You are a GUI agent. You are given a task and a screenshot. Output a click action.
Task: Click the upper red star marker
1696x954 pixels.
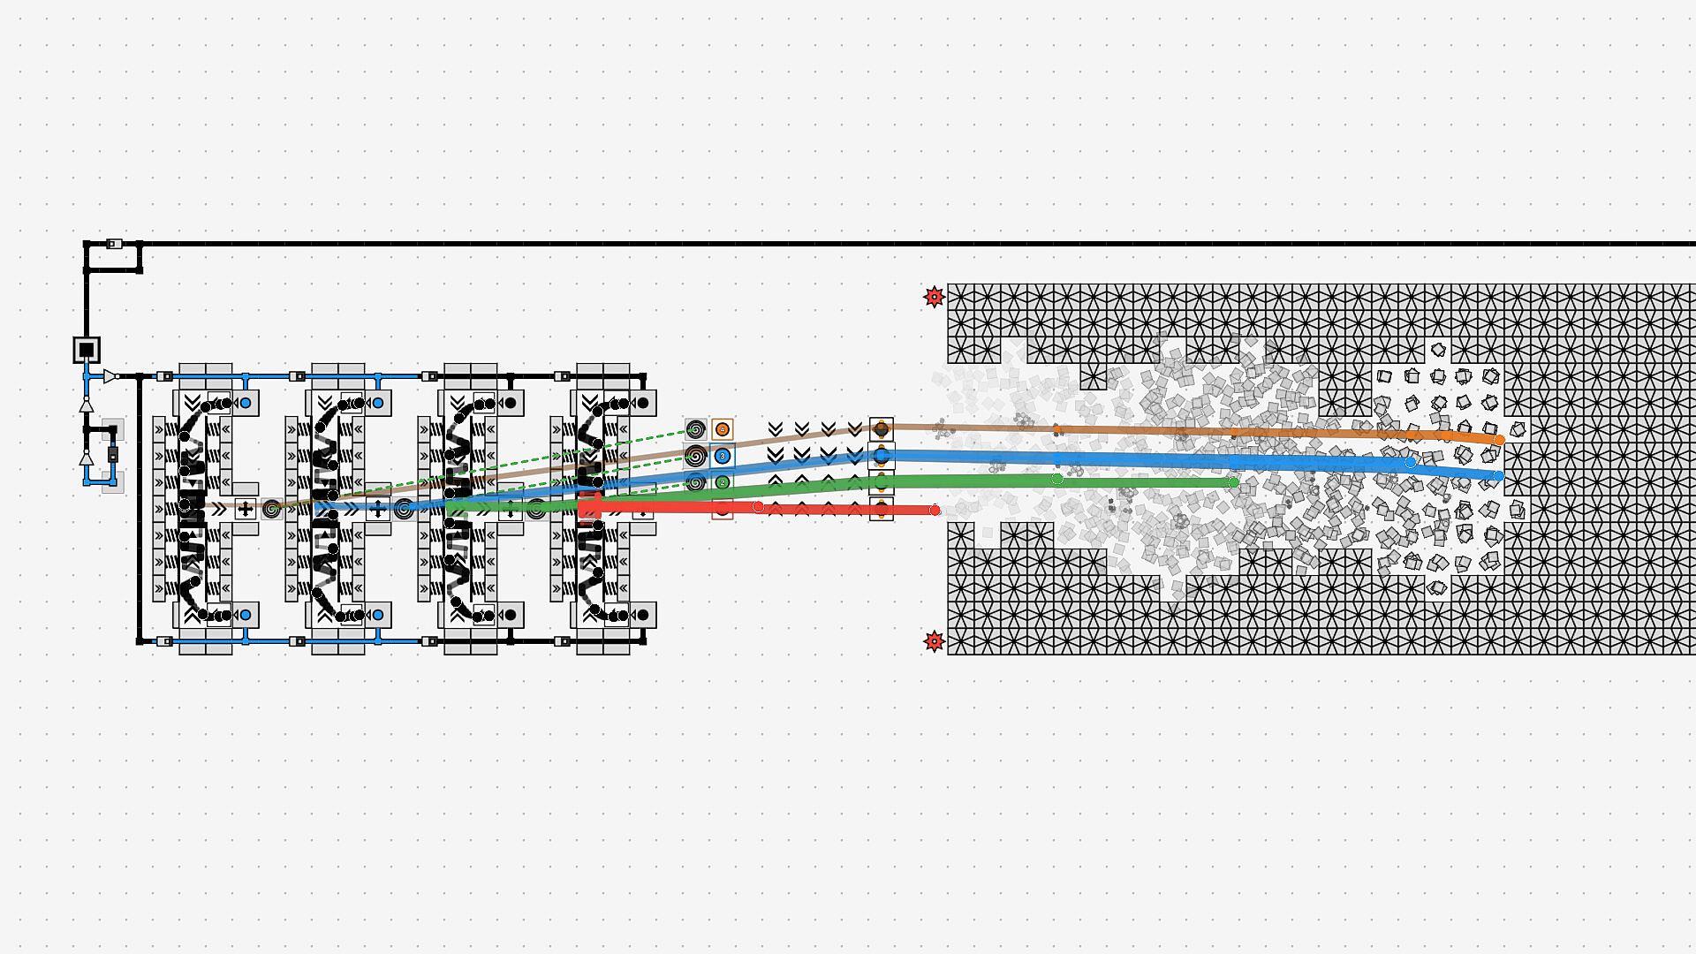pyautogui.click(x=934, y=297)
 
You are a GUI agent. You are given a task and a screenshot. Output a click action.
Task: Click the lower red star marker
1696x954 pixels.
pyautogui.click(x=934, y=641)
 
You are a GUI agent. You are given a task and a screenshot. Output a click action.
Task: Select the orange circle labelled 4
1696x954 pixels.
pyautogui.click(x=723, y=430)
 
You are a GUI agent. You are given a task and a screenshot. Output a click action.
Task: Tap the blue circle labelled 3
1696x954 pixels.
pyautogui.click(x=723, y=456)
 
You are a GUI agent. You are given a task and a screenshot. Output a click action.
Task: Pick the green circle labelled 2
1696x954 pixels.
pyautogui.click(x=723, y=482)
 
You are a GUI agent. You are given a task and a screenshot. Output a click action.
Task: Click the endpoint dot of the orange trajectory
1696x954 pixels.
pyautogui.click(x=1499, y=440)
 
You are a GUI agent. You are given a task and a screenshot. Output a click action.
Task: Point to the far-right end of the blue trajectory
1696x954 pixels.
pyautogui.click(x=1499, y=476)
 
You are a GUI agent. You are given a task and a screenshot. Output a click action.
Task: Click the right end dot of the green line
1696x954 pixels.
pyautogui.click(x=1233, y=482)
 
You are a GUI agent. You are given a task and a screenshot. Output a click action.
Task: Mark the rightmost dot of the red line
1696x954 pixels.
pyautogui.click(x=935, y=510)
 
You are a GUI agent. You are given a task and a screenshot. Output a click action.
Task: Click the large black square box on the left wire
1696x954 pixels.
pyautogui.click(x=86, y=350)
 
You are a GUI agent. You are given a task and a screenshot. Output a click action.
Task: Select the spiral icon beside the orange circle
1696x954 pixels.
pyautogui.click(x=696, y=430)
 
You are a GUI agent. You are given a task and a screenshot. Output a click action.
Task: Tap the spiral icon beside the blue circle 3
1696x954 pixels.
pyautogui.click(x=696, y=456)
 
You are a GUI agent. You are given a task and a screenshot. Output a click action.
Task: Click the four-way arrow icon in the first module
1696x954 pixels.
pyautogui.click(x=246, y=509)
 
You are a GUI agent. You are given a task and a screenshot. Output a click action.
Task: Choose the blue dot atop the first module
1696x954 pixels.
pyautogui.click(x=246, y=404)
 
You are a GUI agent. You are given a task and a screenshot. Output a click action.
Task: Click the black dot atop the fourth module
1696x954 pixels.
pyautogui.click(x=642, y=404)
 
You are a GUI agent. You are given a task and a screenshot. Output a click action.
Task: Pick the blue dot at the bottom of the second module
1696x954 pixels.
pyautogui.click(x=378, y=615)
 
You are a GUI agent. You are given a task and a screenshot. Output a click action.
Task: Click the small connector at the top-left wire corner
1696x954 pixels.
pyautogui.click(x=114, y=244)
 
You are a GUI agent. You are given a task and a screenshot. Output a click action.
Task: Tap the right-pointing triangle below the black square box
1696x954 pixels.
pyautogui.click(x=110, y=376)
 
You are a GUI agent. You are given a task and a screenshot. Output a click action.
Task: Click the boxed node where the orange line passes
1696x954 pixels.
pyautogui.click(x=881, y=430)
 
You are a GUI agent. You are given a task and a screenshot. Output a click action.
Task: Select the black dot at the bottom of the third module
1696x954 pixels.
pyautogui.click(x=511, y=615)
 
